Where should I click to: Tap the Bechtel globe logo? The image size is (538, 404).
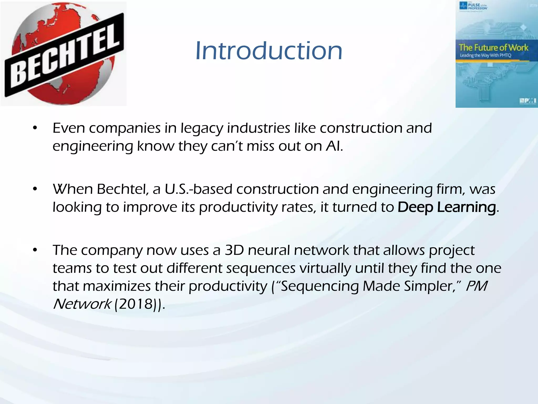64,54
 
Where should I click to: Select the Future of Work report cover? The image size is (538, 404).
496,54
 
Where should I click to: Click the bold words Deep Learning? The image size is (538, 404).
446,207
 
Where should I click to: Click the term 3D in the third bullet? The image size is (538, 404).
234,250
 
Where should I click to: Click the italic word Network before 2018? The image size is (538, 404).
82,304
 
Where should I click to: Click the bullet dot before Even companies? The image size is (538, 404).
35,128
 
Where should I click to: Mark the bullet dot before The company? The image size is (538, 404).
35,250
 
